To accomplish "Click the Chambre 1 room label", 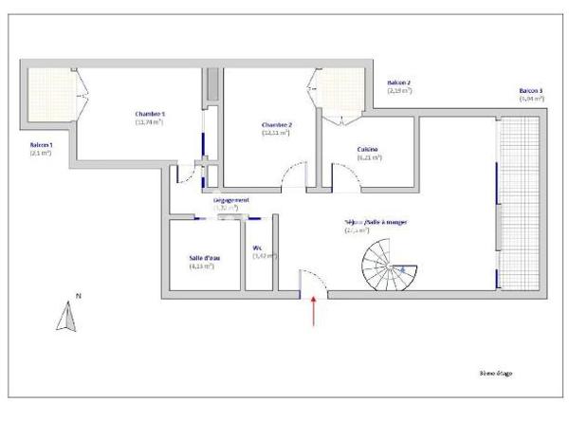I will pos(150,114).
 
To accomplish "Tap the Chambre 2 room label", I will pos(277,125).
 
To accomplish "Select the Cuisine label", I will pos(370,150).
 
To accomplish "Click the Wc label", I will pos(257,248).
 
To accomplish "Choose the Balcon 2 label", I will pos(398,83).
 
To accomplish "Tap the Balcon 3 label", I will pos(531,90).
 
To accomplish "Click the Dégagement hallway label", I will pos(230,201).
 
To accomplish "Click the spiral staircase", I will pos(387,264).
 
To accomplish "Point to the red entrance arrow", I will pos(314,311).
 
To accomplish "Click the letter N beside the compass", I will pos(78,297).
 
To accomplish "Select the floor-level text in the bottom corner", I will pos(495,374).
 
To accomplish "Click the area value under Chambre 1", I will pos(150,122).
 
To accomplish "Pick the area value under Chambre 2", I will pos(277,133).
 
